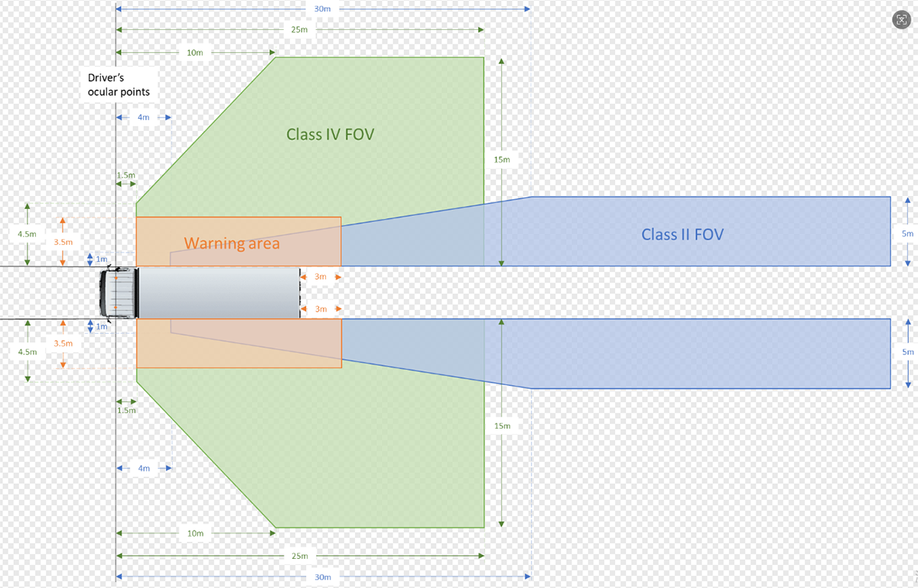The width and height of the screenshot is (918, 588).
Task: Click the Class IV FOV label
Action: [x=330, y=135]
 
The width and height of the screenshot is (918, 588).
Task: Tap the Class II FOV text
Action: [x=682, y=234]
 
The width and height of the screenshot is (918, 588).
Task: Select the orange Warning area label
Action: [x=232, y=243]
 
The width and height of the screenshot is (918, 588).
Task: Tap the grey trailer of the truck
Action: [x=219, y=292]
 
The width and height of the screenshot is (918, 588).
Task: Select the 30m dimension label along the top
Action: [x=322, y=9]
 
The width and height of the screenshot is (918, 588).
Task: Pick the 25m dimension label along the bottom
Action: [x=299, y=556]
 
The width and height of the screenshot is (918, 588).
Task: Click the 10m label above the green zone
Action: [x=195, y=53]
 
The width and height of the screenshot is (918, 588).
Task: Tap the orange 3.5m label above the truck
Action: [x=63, y=242]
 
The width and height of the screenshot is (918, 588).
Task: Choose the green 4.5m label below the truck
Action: [x=27, y=351]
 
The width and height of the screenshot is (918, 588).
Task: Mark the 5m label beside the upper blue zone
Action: [x=907, y=233]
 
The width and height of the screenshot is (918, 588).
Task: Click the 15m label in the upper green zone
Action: [x=501, y=159]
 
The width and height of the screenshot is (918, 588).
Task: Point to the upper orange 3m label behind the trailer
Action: [x=321, y=276]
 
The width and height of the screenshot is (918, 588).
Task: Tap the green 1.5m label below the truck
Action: [x=125, y=410]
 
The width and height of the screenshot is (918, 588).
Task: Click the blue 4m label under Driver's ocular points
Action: [x=144, y=117]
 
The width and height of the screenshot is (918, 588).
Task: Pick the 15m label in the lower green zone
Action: [x=502, y=425]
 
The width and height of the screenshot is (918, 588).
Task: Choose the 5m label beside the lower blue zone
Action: [x=907, y=351]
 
